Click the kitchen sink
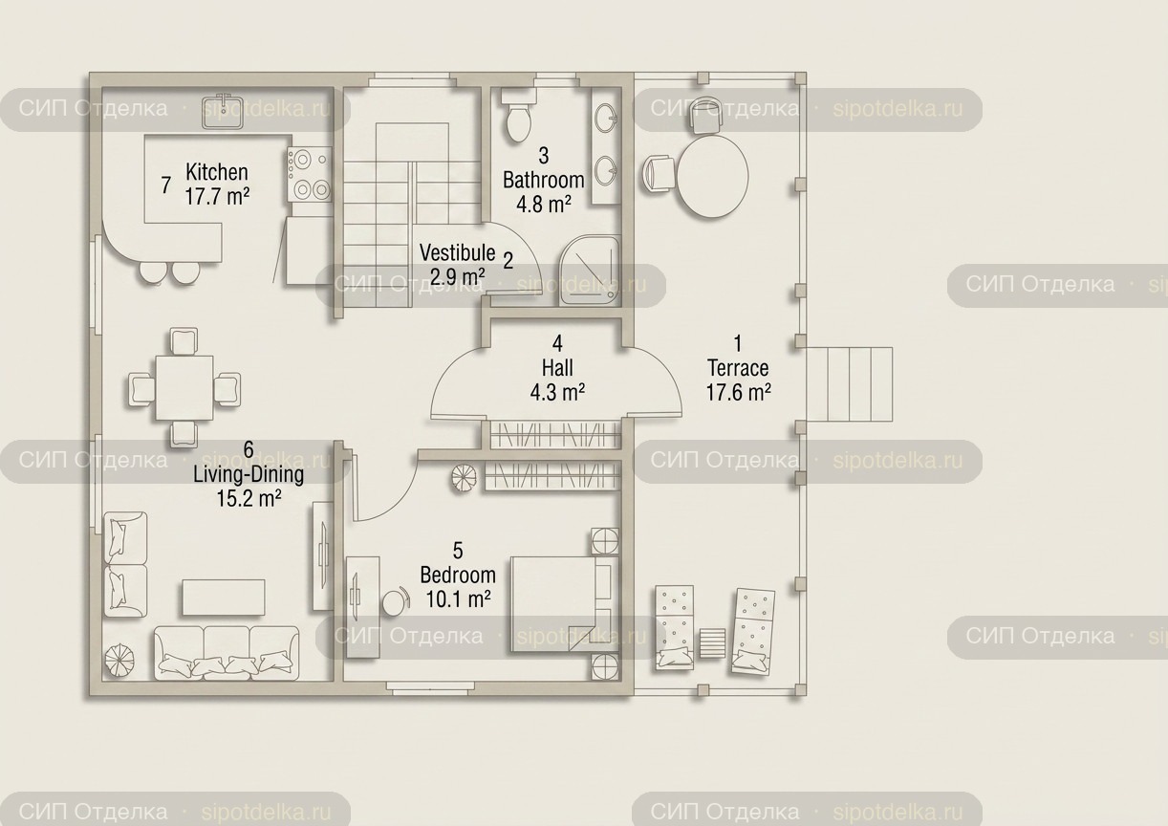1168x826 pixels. (x=223, y=111)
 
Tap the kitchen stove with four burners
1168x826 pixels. (x=310, y=175)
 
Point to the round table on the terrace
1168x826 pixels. (x=712, y=176)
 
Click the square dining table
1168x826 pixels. (x=184, y=387)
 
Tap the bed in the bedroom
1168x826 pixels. (x=565, y=604)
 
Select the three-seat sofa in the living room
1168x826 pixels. (x=227, y=653)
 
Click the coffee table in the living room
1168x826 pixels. (x=224, y=598)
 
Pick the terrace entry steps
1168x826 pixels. (x=849, y=384)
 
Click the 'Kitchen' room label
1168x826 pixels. (x=217, y=171)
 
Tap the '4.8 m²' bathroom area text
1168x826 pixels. (x=543, y=205)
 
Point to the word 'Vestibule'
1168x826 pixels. (x=457, y=252)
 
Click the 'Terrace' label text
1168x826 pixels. (x=738, y=368)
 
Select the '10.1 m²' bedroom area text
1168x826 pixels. (x=459, y=599)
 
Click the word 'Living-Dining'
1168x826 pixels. (x=249, y=474)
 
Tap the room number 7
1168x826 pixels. (x=165, y=185)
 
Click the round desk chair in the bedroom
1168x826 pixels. (x=397, y=601)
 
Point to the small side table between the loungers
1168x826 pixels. (x=712, y=643)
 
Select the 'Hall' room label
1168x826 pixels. (x=557, y=368)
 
